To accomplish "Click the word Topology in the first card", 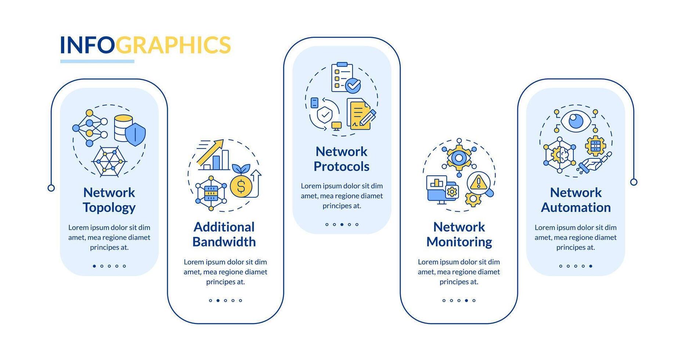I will (109, 208).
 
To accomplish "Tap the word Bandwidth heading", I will (224, 242).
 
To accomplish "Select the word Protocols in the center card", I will (341, 167).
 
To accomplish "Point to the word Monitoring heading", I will (459, 242).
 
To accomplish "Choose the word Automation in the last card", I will (576, 208).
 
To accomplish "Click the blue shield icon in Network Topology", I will (135, 134).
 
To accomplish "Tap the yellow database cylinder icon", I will (123, 128).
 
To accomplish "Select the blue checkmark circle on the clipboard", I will (353, 86).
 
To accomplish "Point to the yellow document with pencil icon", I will (360, 114).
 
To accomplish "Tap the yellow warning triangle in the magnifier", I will (478, 182).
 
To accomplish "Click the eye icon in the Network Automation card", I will (576, 120).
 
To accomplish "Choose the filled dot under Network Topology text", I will (94, 266).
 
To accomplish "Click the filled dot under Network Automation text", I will (591, 266).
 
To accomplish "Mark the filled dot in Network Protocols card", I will (342, 224).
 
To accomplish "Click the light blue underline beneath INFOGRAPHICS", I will (97, 61).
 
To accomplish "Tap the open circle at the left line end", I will (51, 188).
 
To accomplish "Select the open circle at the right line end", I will (634, 182).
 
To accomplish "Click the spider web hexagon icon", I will (109, 161).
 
